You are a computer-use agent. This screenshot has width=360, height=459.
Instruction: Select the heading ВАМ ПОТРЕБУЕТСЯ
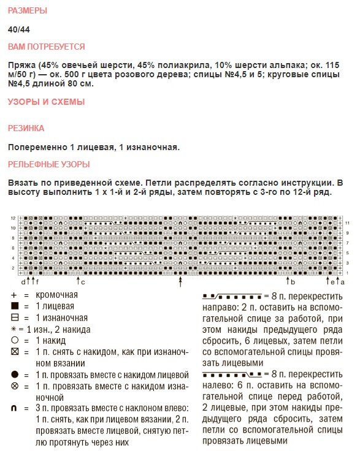coord(46,47)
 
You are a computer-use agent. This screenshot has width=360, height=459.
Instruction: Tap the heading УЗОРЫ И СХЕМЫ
coord(46,102)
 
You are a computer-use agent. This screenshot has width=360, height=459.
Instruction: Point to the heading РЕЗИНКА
coord(26,129)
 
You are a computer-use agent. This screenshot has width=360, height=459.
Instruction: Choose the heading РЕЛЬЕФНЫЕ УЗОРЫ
coord(48,164)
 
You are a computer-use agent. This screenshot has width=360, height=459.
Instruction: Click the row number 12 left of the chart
coord(13,218)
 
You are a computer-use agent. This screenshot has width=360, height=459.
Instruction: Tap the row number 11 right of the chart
coord(347,222)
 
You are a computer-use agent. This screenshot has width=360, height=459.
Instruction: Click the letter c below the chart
coord(83,282)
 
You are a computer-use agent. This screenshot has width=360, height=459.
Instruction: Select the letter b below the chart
coord(293,282)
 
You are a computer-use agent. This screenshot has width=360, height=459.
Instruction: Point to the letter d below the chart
coord(23,282)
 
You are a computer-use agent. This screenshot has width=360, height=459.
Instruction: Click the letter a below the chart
coord(340,282)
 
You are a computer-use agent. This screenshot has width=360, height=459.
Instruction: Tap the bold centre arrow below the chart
coord(180,281)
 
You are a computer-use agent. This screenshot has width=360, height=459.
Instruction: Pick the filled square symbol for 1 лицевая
coord(14,306)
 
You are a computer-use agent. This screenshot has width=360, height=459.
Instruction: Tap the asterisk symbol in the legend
coord(12,329)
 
